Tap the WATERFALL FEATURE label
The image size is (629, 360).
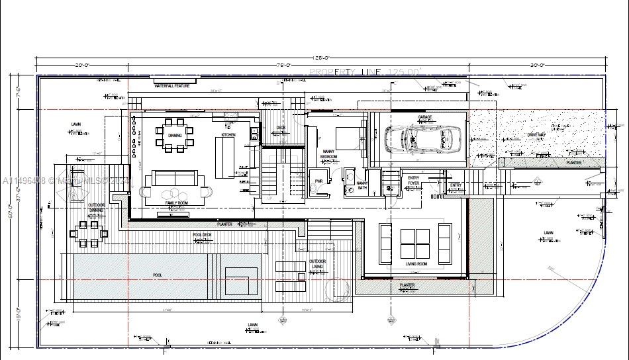tap(172, 86)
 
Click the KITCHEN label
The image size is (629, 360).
tap(228, 135)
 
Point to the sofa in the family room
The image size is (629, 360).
tap(175, 178)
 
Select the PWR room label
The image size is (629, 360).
tap(318, 181)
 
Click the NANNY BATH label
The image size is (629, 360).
tap(362, 185)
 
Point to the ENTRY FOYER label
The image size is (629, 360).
tap(413, 180)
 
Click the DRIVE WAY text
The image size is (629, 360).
tap(536, 135)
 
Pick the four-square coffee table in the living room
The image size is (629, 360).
tap(414, 244)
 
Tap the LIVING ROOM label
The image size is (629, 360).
tap(416, 263)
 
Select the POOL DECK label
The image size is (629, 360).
tap(202, 234)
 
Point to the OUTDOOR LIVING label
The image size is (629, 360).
tap(317, 264)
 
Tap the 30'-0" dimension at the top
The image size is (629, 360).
tap(537, 65)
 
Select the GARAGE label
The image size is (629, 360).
tap(424, 117)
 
